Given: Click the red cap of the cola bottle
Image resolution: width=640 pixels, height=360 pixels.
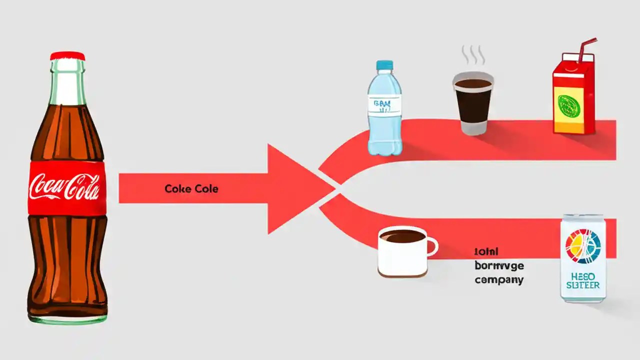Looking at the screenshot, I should tap(67, 56).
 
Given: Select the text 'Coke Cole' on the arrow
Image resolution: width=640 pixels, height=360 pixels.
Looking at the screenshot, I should tap(191, 189).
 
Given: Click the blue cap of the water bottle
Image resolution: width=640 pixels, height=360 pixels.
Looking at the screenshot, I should tap(384, 65).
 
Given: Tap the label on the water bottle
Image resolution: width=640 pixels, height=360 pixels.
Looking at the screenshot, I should tap(384, 105).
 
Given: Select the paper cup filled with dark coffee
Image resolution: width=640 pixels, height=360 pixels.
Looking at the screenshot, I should tap(473, 102).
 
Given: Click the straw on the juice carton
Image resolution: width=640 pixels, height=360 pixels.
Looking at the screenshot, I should tap(586, 50).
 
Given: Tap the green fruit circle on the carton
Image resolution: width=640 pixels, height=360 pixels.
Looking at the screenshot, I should tap(568, 106).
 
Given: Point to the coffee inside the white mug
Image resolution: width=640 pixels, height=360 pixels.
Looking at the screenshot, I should tap(402, 236).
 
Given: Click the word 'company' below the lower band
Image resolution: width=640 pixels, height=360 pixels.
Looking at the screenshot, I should tap(499, 280).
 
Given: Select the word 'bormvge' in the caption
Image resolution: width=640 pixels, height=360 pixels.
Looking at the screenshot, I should tap(499, 266).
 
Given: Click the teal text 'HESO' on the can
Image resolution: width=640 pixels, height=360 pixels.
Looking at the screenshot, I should tap(583, 275).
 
